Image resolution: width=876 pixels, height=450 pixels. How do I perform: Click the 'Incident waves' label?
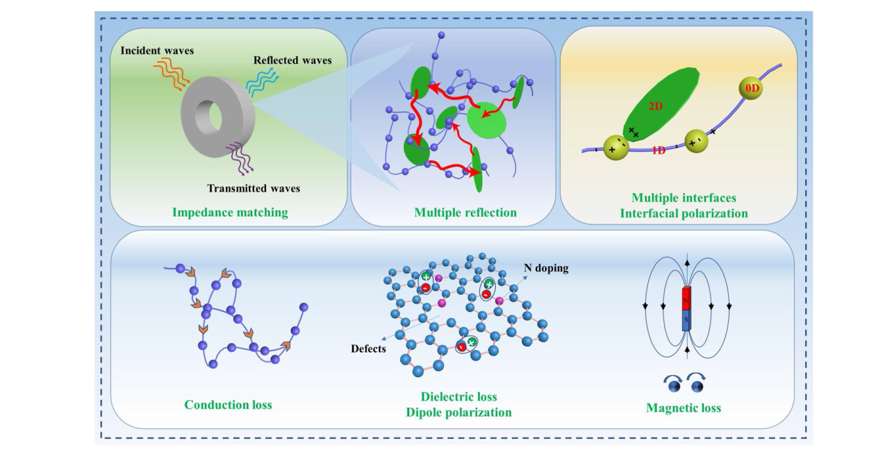click(x=156, y=51)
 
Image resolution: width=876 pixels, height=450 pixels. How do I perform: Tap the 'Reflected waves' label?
click(x=292, y=60)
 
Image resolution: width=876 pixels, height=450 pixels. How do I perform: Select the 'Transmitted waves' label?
click(x=254, y=188)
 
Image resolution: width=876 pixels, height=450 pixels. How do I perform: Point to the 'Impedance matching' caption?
click(x=231, y=212)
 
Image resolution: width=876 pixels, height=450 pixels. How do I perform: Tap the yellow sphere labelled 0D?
click(x=752, y=90)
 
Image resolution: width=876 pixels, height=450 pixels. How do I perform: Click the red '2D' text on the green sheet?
click(x=656, y=106)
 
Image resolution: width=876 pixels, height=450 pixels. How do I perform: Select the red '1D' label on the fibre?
click(x=659, y=150)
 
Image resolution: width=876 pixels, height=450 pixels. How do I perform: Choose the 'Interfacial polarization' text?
click(x=684, y=213)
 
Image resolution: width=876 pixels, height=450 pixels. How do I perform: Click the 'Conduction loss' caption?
click(x=228, y=404)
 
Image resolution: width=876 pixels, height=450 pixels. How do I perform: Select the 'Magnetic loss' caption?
click(x=684, y=408)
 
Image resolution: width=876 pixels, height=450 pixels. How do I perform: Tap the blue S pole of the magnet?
click(x=686, y=320)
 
